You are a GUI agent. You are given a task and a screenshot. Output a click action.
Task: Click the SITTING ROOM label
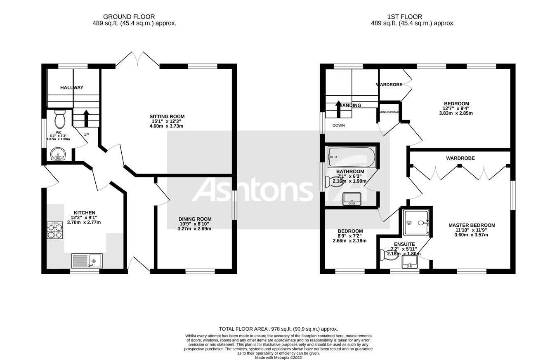coord(167,116)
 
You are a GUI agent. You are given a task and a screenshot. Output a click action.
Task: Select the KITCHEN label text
coord(84,212)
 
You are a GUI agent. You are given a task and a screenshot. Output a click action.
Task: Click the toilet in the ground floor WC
coord(59,119)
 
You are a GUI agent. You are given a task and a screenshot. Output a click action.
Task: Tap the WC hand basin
coord(58,155)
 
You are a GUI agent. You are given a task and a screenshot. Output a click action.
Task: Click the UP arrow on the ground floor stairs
coord(86,118)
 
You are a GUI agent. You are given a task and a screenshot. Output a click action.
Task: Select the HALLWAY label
coord(72,87)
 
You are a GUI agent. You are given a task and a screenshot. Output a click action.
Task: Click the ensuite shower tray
coord(417,223)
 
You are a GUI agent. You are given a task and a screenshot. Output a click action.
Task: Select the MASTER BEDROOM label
coord(472,225)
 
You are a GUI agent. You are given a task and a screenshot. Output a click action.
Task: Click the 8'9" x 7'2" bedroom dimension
coord(350,236)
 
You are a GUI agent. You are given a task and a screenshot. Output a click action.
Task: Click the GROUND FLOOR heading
coord(129,17)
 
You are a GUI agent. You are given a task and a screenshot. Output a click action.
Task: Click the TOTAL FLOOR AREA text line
coord(278,329)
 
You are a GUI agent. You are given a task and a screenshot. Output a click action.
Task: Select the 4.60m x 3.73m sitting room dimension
coord(167,126)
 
